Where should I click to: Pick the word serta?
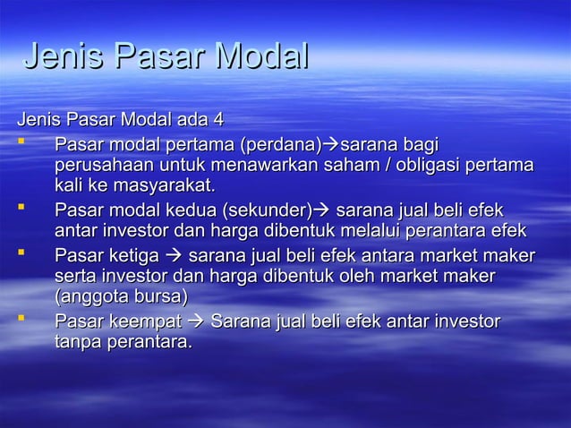point(76,277)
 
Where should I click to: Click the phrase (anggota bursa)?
point(121,298)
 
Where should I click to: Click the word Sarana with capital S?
point(240,321)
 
